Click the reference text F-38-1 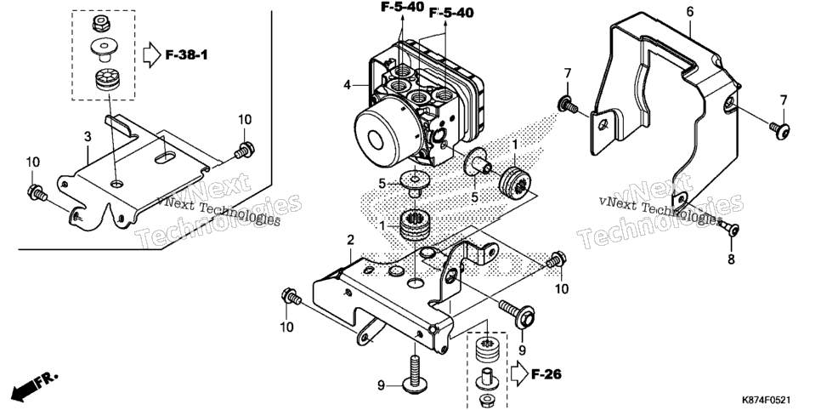click(x=186, y=54)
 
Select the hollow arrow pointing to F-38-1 click(x=151, y=54)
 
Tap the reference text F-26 click(x=546, y=374)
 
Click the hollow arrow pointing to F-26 click(x=518, y=373)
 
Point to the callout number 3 click(x=88, y=137)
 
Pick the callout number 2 click(x=350, y=241)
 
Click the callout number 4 click(x=347, y=84)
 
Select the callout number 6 click(x=690, y=12)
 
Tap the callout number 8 click(x=731, y=259)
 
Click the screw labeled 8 click(x=728, y=228)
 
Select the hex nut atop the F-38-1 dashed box click(x=99, y=23)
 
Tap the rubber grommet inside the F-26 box click(x=486, y=350)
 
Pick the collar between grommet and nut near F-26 click(x=485, y=378)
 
